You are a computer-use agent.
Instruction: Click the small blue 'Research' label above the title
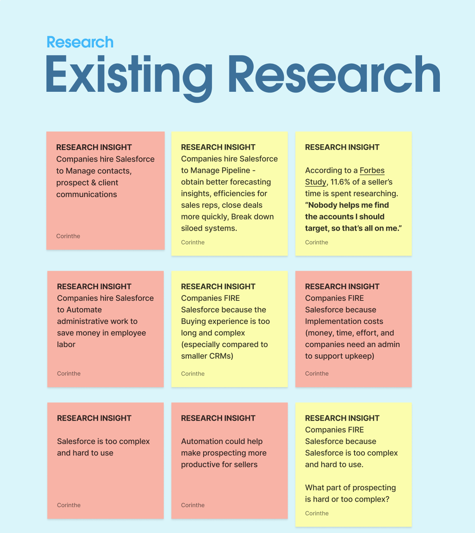point(80,42)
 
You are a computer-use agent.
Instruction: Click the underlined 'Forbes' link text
point(372,170)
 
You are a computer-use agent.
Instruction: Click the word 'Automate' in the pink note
point(84,310)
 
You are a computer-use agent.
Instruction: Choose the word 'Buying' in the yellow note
point(193,321)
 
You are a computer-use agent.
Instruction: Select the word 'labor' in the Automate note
point(66,344)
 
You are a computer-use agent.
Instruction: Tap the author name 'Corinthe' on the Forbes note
point(316,242)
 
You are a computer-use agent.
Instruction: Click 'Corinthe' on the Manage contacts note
point(68,236)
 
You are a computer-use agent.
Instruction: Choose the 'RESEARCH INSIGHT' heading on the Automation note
point(218,418)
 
